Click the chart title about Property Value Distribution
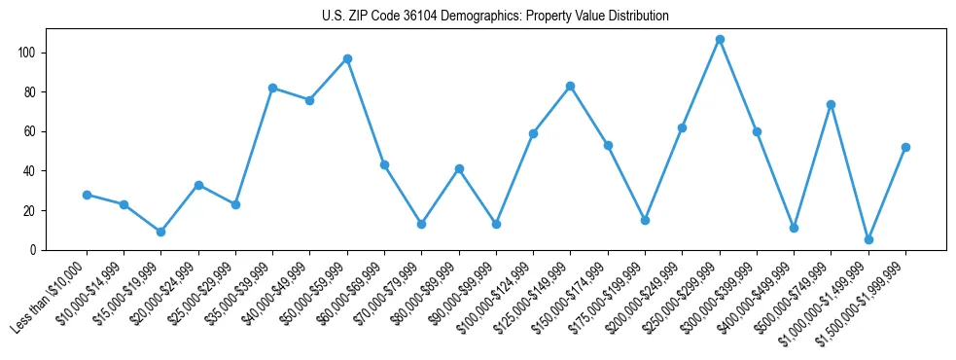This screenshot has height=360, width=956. pos(495,17)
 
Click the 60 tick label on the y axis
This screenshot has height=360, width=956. pos(34,131)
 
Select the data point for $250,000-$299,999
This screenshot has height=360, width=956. pos(720,40)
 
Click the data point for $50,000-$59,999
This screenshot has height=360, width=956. pos(347,58)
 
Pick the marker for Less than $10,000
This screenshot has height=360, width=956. pos(87,195)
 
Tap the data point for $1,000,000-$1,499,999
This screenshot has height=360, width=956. pos(868,239)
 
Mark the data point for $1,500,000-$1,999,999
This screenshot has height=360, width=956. pos(905,147)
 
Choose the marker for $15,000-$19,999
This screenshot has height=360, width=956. pos(161,232)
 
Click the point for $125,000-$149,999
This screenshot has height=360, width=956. pos(571,86)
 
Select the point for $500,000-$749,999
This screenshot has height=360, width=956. pos(832,104)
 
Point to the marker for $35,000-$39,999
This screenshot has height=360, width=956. pos(273,88)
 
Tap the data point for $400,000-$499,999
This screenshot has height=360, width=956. pos(795,228)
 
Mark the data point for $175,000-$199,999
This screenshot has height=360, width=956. pos(645,220)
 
